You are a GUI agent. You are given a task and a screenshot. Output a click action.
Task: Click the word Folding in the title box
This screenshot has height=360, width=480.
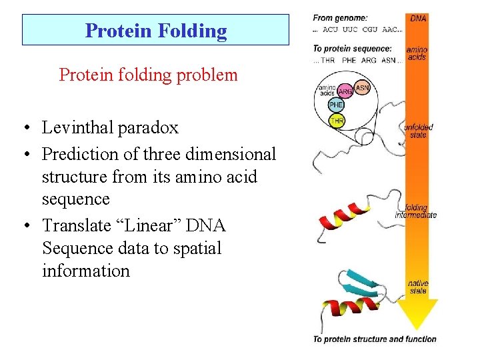pyautogui.click(x=194, y=31)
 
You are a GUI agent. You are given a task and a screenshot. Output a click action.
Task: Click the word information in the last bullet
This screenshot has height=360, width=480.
pyautogui.click(x=85, y=271)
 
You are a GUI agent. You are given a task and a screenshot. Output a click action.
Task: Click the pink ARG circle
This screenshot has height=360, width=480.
pyautogui.click(x=346, y=91)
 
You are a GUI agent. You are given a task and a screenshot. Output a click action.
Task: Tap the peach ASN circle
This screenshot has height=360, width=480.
pyautogui.click(x=362, y=87)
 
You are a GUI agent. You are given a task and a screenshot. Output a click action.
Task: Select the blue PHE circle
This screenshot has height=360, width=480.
pyautogui.click(x=337, y=105)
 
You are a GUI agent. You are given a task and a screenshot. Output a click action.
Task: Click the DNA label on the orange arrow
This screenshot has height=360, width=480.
pyautogui.click(x=418, y=19)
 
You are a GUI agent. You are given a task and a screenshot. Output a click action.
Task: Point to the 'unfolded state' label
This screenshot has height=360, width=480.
pyautogui.click(x=419, y=131)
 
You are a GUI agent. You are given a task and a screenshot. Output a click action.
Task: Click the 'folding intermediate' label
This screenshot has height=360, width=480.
pyautogui.click(x=415, y=211)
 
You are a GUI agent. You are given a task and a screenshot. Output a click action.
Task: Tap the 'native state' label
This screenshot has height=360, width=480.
pyautogui.click(x=418, y=287)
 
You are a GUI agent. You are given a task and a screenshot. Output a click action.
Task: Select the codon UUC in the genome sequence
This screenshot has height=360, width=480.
pyautogui.click(x=349, y=29)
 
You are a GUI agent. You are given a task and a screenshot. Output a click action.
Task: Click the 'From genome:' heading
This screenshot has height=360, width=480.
pyautogui.click(x=340, y=18)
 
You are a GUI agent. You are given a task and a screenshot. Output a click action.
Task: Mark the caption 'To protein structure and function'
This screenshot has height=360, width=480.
pyautogui.click(x=375, y=339)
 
